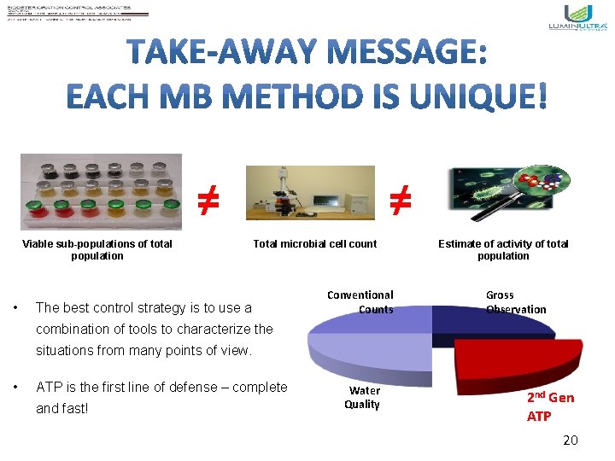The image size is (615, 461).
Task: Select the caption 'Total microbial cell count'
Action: coord(314,244)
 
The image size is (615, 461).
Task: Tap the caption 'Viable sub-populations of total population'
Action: coord(97,250)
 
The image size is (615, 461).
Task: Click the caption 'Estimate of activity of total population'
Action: coord(503,250)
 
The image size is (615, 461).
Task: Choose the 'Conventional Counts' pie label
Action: coord(361,302)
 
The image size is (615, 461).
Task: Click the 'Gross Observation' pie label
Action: coord(515,302)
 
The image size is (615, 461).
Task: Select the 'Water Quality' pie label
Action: coord(362,397)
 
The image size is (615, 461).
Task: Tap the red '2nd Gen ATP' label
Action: coord(550,406)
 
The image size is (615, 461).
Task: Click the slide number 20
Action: coord(571,441)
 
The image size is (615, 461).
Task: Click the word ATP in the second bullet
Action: coord(50,388)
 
